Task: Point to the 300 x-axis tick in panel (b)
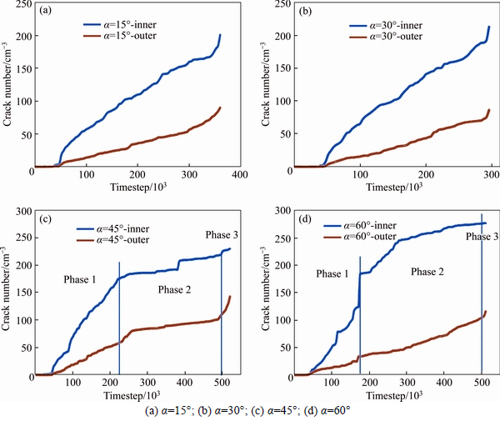[491, 177]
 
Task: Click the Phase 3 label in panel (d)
[482, 238]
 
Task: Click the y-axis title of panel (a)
[7, 88]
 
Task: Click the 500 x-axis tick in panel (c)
[222, 383]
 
